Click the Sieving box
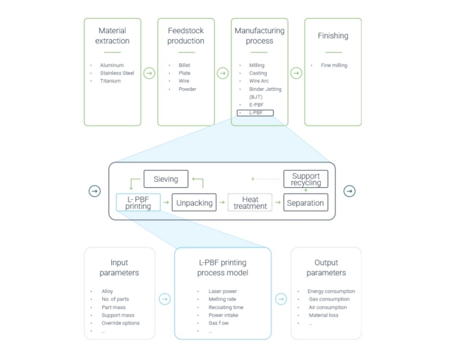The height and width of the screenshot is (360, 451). pyautogui.click(x=165, y=179)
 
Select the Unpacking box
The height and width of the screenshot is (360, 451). pyautogui.click(x=194, y=202)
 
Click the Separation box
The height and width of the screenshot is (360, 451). pyautogui.click(x=305, y=202)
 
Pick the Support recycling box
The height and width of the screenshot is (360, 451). pyautogui.click(x=306, y=179)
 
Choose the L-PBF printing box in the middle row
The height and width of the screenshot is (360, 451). pyautogui.click(x=138, y=202)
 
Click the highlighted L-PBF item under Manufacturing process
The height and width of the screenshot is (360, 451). pyautogui.click(x=254, y=113)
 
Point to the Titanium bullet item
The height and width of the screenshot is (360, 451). pyautogui.click(x=111, y=81)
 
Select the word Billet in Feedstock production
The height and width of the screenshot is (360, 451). pyautogui.click(x=184, y=65)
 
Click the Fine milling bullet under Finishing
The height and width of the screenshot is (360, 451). pyautogui.click(x=334, y=65)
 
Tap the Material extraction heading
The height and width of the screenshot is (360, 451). pyautogui.click(x=112, y=35)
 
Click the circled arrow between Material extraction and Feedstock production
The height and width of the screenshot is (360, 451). pyautogui.click(x=149, y=73)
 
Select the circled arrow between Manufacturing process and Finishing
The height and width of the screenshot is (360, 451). pyautogui.click(x=296, y=73)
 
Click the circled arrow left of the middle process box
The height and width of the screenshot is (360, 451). pyautogui.click(x=94, y=191)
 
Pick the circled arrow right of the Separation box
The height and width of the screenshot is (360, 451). pyautogui.click(x=350, y=191)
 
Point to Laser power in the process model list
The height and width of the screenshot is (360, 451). pyautogui.click(x=223, y=291)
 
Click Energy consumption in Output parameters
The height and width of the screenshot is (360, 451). pyautogui.click(x=331, y=291)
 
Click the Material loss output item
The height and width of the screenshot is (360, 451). pyautogui.click(x=325, y=315)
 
